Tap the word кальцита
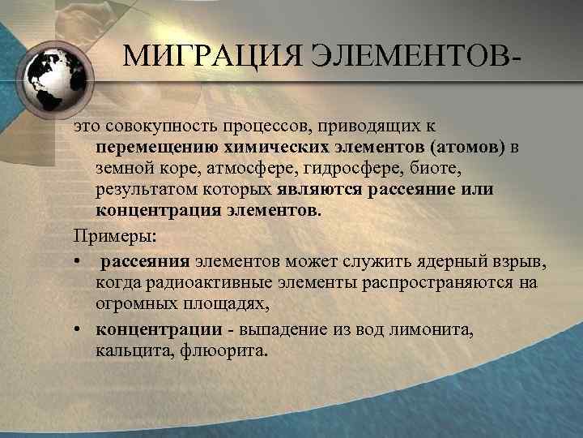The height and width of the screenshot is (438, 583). point(128,353)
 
